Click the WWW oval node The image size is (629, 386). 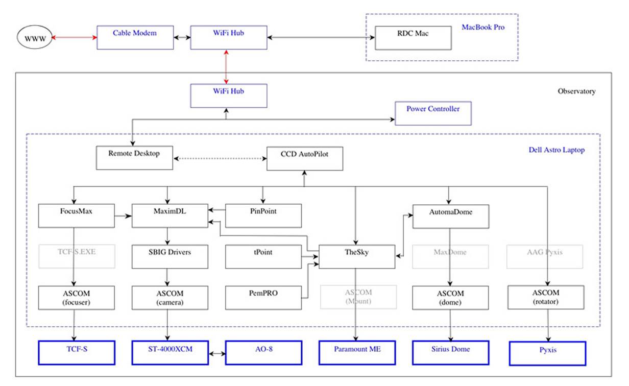click(x=35, y=38)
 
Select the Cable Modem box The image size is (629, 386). click(x=135, y=37)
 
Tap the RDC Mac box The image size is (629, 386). click(x=413, y=38)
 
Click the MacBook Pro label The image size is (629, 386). click(x=482, y=27)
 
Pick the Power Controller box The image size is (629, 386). click(x=433, y=113)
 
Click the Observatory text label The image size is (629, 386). click(x=576, y=91)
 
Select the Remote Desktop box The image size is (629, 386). click(x=134, y=157)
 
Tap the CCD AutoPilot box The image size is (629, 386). click(x=304, y=158)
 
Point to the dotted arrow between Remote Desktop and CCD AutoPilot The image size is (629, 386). click(x=220, y=158)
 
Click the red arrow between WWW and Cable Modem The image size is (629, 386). click(x=75, y=38)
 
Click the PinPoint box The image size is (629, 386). click(x=263, y=215)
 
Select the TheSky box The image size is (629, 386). click(x=357, y=256)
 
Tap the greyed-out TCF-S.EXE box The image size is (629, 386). click(x=77, y=256)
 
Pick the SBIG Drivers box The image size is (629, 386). click(x=170, y=256)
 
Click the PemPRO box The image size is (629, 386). click(x=263, y=297)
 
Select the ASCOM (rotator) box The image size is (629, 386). click(x=546, y=297)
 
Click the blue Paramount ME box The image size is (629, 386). click(x=357, y=352)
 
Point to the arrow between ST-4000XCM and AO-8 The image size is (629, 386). click(x=216, y=353)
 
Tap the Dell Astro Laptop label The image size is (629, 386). click(x=557, y=150)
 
